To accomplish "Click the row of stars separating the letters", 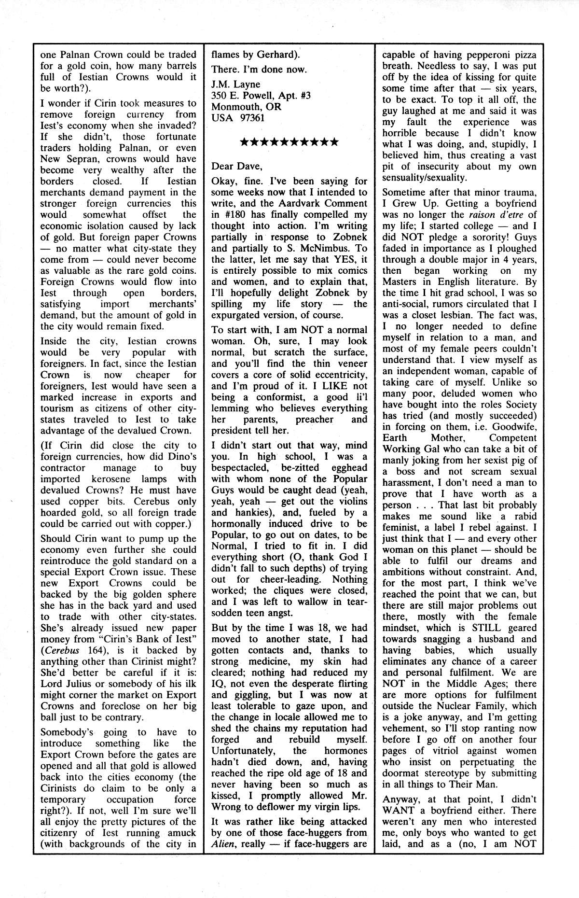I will [289, 142].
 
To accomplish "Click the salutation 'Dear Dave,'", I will [237, 166].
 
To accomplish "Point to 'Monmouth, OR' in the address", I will [246, 106].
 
